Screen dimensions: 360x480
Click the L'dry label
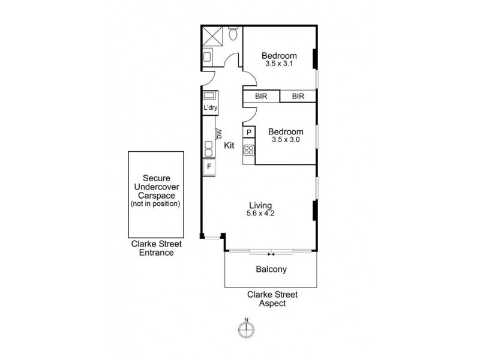tap(210, 108)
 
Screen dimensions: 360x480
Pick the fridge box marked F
tap(209, 166)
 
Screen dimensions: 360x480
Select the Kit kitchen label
tap(229, 145)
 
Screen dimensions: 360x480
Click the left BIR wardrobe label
tap(261, 96)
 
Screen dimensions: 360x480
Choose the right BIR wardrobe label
tap(298, 96)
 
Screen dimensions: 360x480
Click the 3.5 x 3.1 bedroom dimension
tap(278, 64)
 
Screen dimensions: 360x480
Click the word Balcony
tap(271, 269)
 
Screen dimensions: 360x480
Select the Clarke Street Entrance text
tap(157, 248)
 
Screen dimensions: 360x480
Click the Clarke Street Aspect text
tap(273, 299)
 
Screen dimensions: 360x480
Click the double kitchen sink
tap(209, 148)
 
